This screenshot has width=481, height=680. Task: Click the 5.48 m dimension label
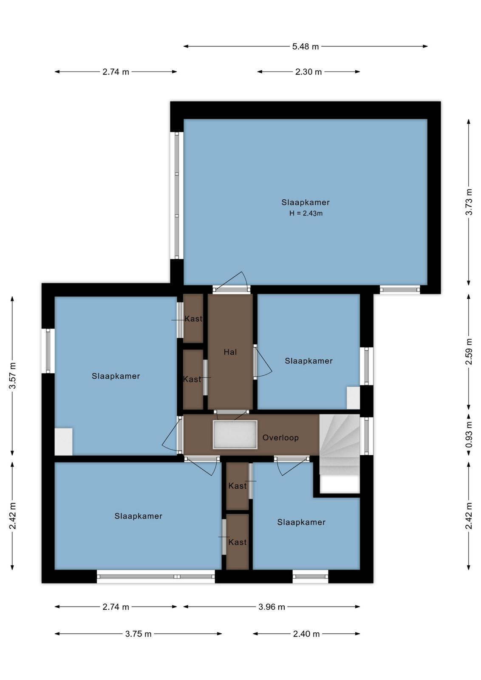(305, 46)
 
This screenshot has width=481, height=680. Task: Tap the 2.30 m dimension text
(308, 72)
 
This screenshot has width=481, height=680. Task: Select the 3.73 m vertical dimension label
(469, 202)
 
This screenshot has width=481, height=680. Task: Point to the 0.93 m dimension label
(469, 434)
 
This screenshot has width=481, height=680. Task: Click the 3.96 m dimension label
(272, 607)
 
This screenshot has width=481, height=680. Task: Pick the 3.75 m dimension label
(138, 634)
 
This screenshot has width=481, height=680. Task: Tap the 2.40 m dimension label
(306, 634)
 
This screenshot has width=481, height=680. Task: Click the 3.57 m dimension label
(12, 376)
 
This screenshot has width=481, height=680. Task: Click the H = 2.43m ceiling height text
(306, 213)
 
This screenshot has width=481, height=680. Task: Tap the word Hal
(230, 352)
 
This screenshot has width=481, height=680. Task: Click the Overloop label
(280, 438)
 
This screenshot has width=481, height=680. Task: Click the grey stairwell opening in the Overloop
(235, 435)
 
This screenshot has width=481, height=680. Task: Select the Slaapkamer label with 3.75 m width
(138, 516)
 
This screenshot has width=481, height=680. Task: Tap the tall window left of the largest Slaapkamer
(177, 195)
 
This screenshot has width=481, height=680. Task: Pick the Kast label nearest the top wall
(193, 319)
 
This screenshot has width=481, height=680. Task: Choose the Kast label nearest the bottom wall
(238, 542)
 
